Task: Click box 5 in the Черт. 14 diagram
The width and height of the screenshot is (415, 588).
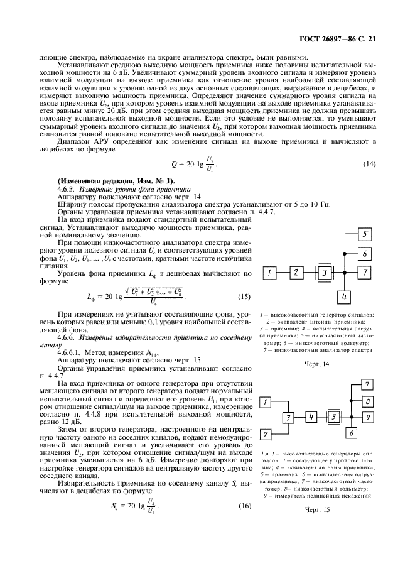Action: (x=364, y=234)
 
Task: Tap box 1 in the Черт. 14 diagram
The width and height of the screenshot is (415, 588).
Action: (x=269, y=273)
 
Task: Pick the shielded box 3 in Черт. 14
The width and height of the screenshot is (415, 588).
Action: (x=323, y=273)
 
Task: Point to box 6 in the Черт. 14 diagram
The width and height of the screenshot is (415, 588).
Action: (x=364, y=253)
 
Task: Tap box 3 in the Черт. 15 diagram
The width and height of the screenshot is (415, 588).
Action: (x=288, y=417)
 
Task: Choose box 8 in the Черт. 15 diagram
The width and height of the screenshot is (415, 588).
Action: (x=369, y=401)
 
